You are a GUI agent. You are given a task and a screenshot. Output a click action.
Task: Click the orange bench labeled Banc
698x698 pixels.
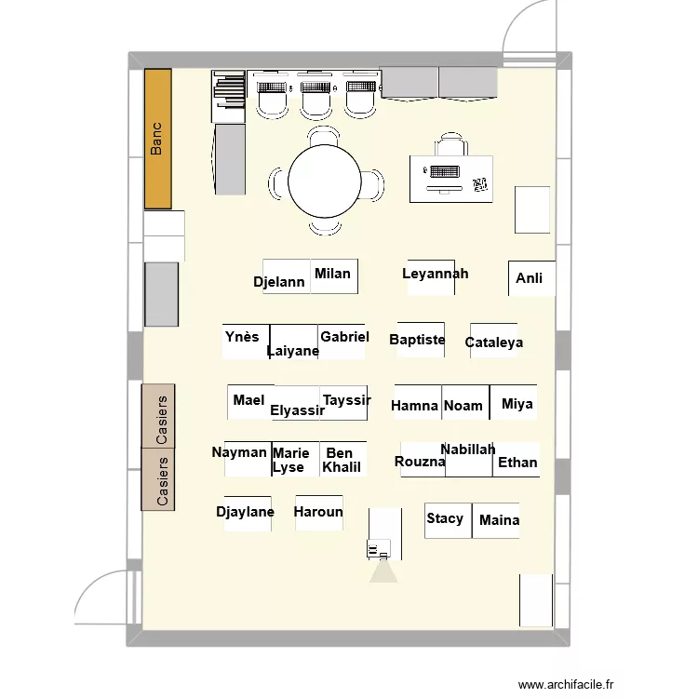158,139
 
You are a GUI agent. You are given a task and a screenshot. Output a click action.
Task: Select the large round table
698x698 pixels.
324,182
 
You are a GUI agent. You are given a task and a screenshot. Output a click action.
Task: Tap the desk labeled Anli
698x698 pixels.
531,278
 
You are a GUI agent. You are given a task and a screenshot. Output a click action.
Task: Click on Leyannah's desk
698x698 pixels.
431,276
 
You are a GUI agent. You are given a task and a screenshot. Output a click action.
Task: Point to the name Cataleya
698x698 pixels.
494,342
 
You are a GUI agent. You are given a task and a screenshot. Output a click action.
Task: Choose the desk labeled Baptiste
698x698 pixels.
417,340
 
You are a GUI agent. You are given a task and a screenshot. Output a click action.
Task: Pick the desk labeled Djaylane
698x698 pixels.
247,513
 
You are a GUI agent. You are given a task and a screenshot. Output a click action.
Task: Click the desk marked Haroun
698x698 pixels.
318,513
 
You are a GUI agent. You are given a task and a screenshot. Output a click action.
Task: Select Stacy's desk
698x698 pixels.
448,519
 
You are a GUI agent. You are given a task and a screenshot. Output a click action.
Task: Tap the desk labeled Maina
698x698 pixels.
497,520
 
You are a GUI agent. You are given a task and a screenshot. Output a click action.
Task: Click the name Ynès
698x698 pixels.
243,337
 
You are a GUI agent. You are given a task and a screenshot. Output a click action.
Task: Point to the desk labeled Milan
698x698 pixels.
333,275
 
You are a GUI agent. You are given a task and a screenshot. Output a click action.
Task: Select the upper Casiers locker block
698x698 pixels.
159,416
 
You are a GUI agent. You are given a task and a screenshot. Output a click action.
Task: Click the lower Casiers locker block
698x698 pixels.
159,479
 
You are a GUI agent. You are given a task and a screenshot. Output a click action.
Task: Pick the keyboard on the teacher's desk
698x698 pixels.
443,171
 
